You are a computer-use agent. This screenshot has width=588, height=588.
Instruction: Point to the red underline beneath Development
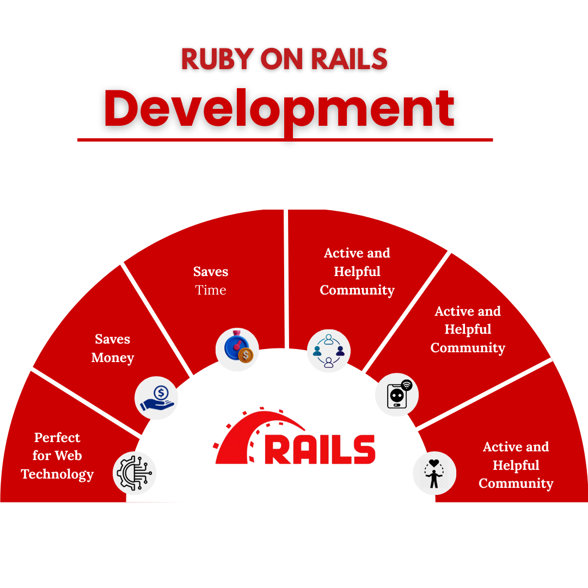click(x=285, y=140)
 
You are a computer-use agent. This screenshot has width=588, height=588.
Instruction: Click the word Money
click(x=113, y=358)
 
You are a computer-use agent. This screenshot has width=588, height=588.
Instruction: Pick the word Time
click(x=211, y=290)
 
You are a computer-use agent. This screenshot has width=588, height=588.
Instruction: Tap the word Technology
click(x=57, y=474)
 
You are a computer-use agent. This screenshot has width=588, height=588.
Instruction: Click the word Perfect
click(x=57, y=438)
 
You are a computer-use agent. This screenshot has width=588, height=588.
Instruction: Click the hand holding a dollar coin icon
click(x=156, y=398)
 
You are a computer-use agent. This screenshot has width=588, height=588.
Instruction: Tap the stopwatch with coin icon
click(x=237, y=349)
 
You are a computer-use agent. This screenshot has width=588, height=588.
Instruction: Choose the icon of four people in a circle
click(x=329, y=351)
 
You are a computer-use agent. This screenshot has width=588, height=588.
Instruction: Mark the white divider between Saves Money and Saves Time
click(x=156, y=318)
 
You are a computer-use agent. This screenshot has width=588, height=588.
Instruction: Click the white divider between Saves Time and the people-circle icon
click(x=285, y=278)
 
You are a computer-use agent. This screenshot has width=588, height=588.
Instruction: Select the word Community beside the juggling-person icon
click(x=516, y=483)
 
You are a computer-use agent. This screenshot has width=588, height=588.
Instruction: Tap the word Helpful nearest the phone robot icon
click(x=468, y=329)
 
